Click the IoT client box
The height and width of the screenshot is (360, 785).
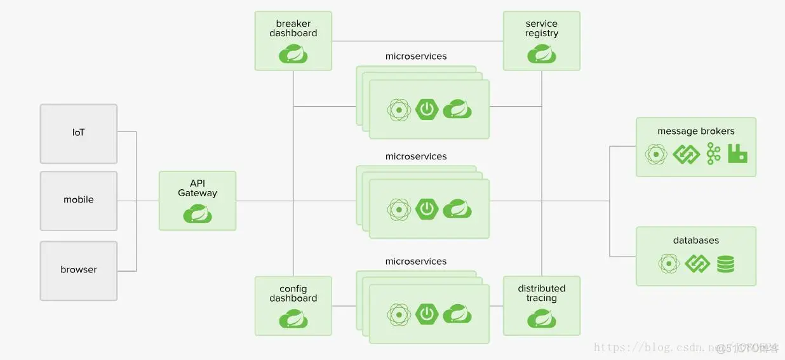[79, 133]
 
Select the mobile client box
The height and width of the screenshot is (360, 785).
[79, 200]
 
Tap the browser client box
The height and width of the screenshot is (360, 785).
[79, 270]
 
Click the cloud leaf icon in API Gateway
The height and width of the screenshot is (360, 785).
[198, 214]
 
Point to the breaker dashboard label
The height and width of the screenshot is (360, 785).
[293, 29]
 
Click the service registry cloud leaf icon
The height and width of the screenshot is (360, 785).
[542, 54]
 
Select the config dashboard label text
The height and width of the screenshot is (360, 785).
[293, 294]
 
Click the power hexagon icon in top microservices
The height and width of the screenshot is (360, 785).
[427, 109]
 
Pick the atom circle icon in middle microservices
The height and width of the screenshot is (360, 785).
[399, 209]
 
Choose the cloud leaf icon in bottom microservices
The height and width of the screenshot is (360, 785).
[457, 314]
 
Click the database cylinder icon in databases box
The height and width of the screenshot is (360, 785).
[725, 263]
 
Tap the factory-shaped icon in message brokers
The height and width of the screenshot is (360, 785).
[737, 154]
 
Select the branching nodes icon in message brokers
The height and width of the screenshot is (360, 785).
[714, 154]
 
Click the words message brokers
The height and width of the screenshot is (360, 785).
[696, 131]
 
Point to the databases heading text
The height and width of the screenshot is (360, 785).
[696, 241]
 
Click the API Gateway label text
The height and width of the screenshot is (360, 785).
[198, 189]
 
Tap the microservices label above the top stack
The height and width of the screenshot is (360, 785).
[416, 57]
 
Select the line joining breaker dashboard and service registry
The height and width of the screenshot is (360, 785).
[417, 41]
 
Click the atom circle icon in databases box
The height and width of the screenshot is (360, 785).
[668, 263]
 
